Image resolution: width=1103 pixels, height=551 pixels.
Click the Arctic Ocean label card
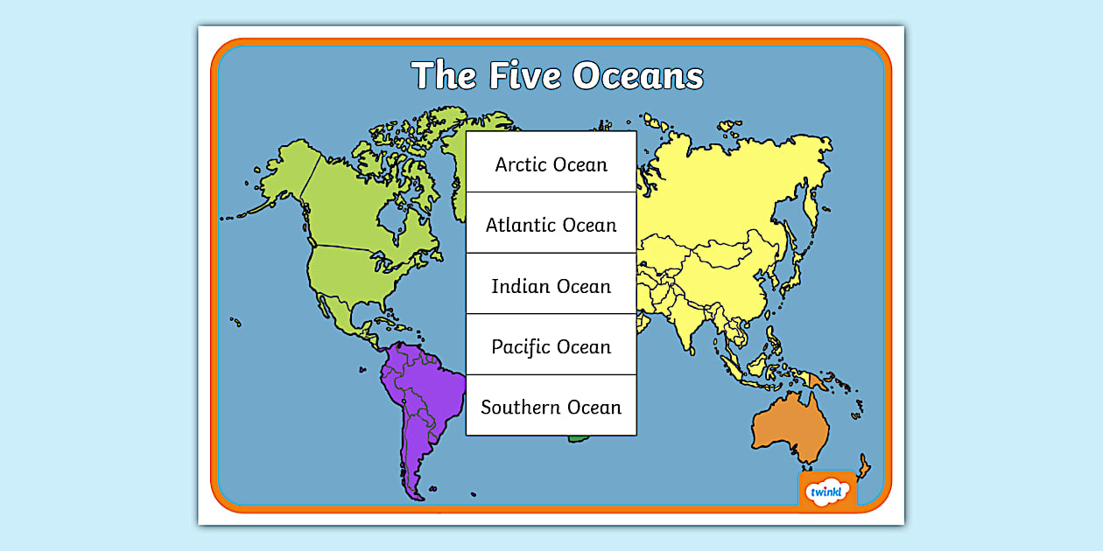551,163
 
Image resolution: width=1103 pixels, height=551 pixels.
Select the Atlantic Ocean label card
551,224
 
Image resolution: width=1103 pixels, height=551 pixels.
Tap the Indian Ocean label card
551,285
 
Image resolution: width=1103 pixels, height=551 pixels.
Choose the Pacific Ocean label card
551,345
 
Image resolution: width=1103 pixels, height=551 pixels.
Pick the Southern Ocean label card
551,406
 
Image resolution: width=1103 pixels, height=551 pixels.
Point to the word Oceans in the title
639,76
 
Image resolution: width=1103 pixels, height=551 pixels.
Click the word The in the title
444,76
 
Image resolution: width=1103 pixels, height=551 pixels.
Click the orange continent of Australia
790,427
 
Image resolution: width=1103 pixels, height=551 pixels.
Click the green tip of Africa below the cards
577,438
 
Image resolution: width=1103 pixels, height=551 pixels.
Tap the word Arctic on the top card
523,164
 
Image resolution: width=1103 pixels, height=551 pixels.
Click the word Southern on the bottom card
521,407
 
